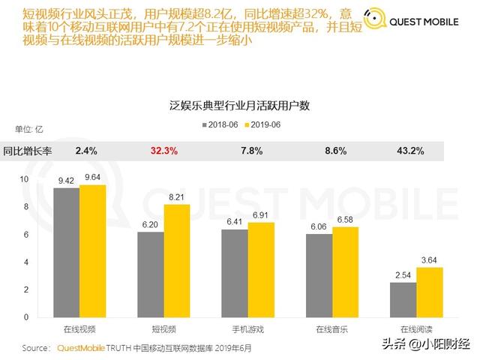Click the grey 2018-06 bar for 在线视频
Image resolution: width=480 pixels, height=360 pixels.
coord(66,252)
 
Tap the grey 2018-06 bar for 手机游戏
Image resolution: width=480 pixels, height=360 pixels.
coord(234,273)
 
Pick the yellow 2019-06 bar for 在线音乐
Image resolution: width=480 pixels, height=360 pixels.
coord(345,271)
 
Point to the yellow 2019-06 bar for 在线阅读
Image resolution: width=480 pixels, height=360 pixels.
coord(429,292)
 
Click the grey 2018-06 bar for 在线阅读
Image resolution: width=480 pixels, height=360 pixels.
coord(403,299)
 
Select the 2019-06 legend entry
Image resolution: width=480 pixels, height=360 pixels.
coord(262,124)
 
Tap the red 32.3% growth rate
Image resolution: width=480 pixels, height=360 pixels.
coord(164,151)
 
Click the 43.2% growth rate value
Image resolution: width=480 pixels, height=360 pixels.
coord(410,151)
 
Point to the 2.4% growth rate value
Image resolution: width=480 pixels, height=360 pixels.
coord(86,151)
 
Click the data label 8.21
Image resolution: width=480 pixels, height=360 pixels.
coord(176,197)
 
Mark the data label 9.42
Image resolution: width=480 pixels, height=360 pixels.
coord(66,180)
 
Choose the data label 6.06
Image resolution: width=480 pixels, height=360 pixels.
coord(318,226)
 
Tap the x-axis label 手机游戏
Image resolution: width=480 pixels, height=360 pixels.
coord(247,329)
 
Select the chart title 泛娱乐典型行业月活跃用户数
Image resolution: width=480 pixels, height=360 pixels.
coord(239,106)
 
